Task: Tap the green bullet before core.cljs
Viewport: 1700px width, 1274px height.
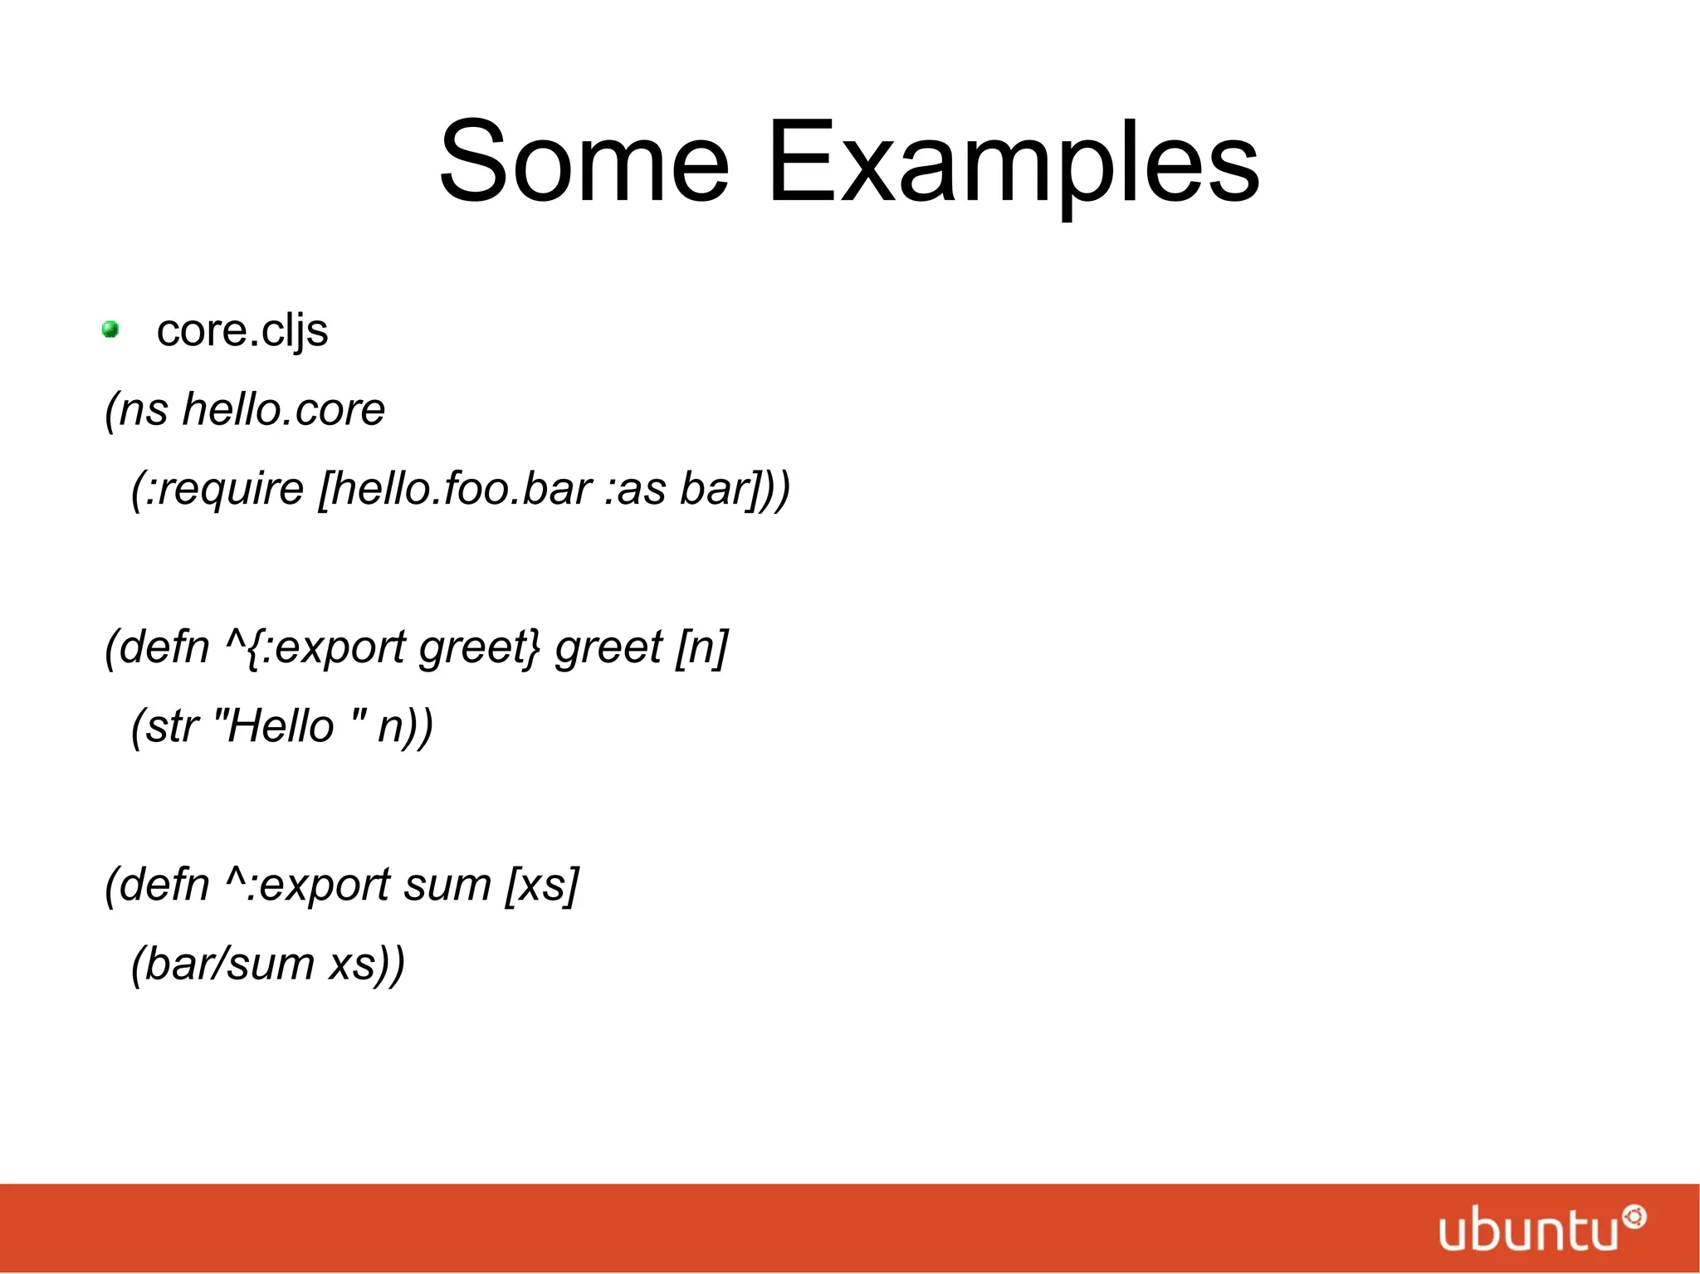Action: pos(110,330)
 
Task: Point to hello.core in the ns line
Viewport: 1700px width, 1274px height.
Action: pos(283,410)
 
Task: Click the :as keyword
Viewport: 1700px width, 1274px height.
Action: pos(635,489)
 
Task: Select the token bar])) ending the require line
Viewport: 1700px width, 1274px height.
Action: pos(735,489)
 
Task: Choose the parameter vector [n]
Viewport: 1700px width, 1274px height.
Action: pos(702,647)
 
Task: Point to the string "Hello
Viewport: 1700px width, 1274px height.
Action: pos(274,726)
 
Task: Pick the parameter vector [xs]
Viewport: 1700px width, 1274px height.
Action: pos(542,885)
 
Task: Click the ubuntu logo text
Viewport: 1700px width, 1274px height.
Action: pos(1528,1230)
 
